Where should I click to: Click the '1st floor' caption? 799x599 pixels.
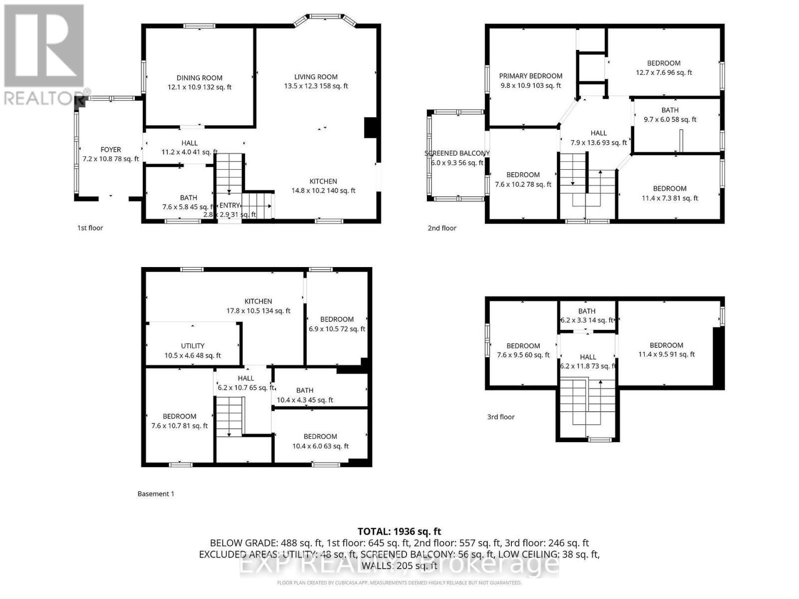tap(90, 228)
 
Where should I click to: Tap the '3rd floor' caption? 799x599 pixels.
tap(500, 417)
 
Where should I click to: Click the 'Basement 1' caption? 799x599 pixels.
tap(156, 494)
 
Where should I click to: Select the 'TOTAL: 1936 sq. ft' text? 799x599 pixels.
tap(399, 532)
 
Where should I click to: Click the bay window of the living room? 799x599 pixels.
tap(325, 18)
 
